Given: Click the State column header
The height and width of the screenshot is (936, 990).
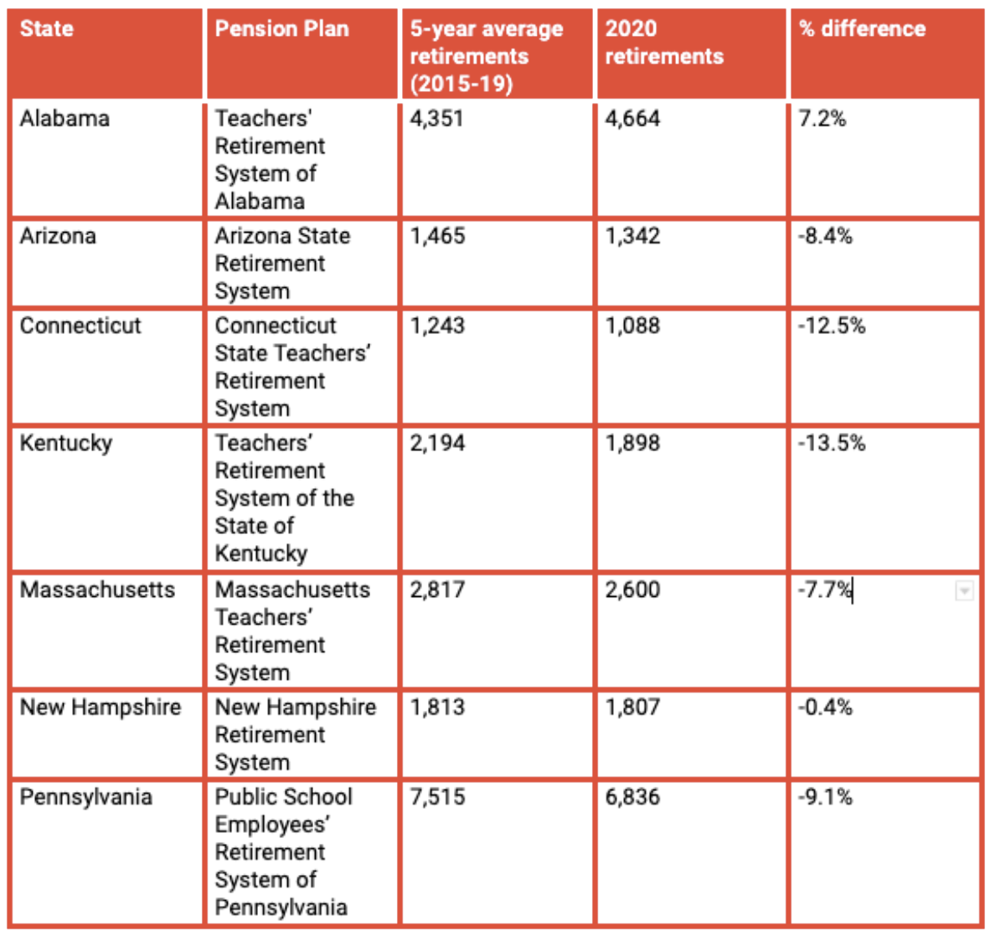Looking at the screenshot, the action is (x=47, y=28).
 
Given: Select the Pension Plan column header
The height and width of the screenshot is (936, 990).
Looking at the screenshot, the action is (x=281, y=28).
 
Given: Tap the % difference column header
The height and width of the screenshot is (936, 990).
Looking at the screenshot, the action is (x=863, y=28).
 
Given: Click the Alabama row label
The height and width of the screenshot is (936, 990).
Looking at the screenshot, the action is (x=64, y=118).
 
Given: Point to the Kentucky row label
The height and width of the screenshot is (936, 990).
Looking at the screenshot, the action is (x=66, y=443).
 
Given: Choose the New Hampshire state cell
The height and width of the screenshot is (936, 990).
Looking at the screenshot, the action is (x=101, y=707).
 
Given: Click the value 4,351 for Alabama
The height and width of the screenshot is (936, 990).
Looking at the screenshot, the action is (x=437, y=118).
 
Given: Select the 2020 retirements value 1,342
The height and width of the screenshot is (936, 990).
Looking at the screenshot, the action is (x=632, y=236).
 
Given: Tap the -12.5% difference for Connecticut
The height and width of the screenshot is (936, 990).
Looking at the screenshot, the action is (x=832, y=326).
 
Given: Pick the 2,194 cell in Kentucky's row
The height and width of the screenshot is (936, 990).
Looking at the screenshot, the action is (x=437, y=443).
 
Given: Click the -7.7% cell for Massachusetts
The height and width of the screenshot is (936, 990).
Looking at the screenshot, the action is (x=825, y=590).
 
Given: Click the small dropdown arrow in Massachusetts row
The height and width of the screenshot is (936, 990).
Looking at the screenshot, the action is (x=964, y=591).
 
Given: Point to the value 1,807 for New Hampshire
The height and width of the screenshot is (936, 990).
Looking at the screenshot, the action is (x=632, y=707).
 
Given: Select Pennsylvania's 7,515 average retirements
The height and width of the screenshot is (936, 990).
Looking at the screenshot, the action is (x=437, y=796).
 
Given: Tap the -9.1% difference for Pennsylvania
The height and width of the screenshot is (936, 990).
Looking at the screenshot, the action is (x=825, y=796).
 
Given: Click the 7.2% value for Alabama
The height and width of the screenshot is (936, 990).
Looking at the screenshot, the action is (x=822, y=118).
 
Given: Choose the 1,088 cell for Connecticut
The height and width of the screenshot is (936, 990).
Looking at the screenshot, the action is (x=632, y=326).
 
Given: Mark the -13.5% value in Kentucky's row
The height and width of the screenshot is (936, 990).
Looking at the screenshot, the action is (x=832, y=443).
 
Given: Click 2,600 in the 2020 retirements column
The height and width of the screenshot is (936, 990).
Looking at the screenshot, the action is (x=632, y=590).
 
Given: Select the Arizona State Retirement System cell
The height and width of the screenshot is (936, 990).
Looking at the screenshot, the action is (x=282, y=263).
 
